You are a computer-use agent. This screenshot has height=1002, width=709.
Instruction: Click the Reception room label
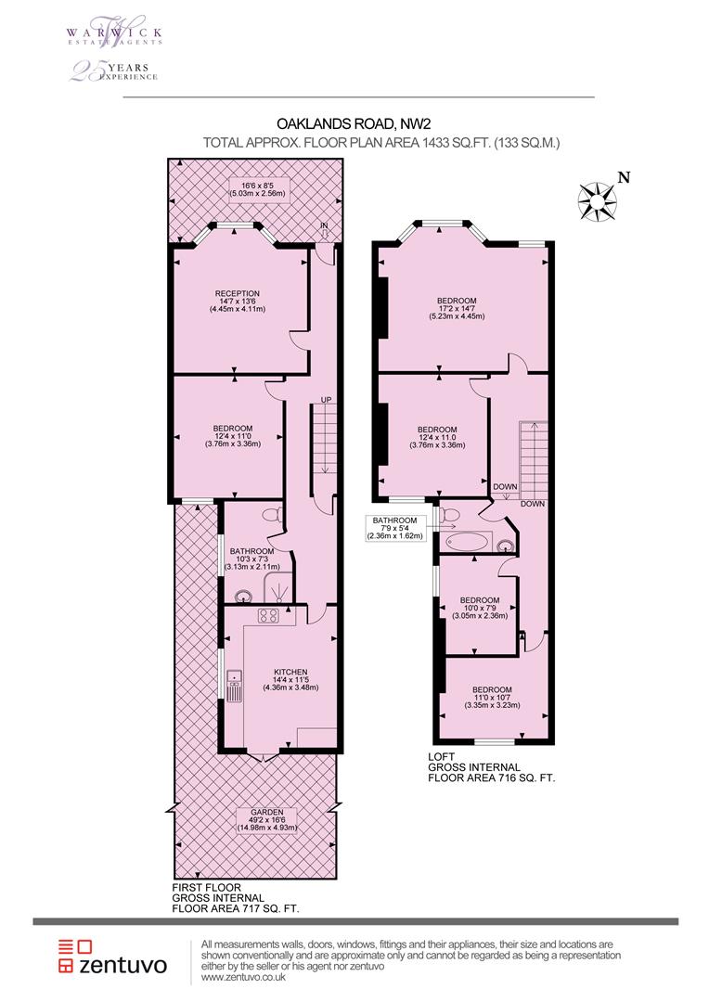238,302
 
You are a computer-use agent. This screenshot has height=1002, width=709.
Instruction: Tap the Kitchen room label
290,680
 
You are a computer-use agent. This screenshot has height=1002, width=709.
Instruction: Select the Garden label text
267,820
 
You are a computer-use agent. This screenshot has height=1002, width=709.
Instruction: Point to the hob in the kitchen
268,616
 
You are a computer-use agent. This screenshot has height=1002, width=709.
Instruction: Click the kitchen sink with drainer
234,685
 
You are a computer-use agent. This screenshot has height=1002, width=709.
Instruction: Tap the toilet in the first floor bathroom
272,513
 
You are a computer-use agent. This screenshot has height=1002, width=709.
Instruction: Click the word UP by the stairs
326,400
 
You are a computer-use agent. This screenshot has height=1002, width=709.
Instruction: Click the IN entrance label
324,226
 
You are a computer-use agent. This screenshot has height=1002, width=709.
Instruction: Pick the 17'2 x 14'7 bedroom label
457,308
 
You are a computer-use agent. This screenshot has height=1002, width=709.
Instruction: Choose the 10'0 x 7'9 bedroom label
480,609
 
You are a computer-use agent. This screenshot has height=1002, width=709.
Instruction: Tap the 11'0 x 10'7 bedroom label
492,697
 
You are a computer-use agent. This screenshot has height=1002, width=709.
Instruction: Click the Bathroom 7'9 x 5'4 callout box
395,529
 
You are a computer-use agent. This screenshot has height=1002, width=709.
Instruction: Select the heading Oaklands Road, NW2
349,122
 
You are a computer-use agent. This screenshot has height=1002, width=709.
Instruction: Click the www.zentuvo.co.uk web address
243,977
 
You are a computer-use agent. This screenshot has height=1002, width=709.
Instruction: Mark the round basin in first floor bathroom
243,597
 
